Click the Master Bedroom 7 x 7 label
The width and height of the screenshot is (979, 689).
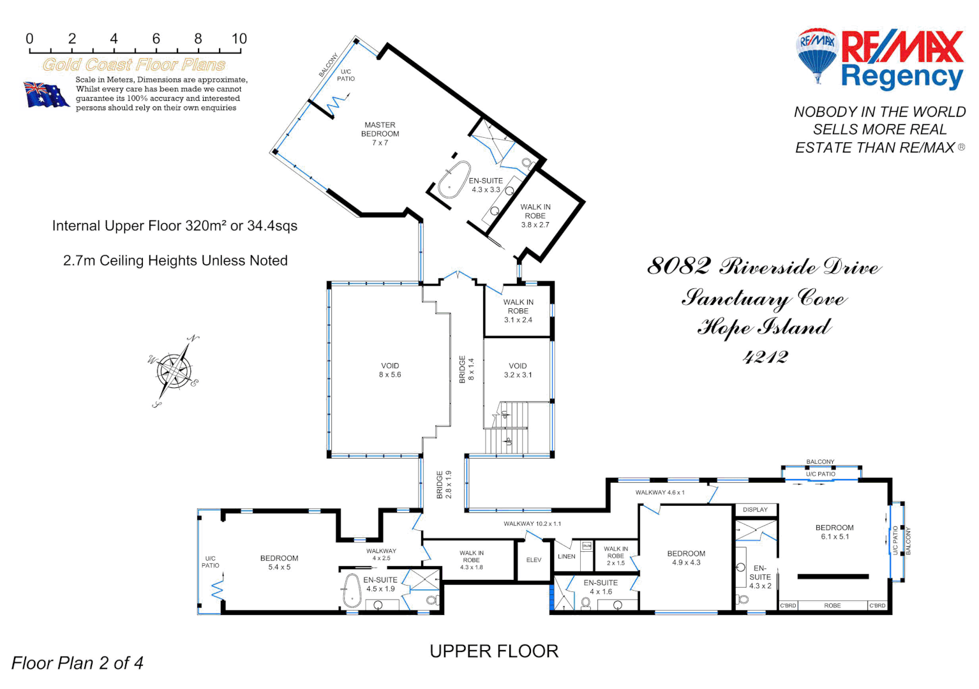(x=380, y=134)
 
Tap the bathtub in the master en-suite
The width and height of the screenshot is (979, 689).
(x=454, y=179)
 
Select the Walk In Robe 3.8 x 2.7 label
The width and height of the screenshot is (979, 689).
(x=535, y=216)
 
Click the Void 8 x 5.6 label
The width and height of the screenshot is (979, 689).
(x=390, y=371)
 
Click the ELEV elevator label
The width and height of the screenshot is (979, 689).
(x=534, y=560)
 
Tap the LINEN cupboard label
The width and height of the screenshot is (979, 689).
(x=566, y=556)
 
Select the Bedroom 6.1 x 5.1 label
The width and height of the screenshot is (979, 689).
(x=834, y=532)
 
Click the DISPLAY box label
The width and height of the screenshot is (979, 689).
(x=755, y=510)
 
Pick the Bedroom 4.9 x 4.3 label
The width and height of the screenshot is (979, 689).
(x=686, y=558)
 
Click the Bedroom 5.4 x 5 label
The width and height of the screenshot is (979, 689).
(x=279, y=563)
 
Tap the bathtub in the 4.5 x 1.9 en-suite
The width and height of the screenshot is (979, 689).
(x=352, y=591)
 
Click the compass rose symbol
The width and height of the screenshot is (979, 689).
(x=174, y=371)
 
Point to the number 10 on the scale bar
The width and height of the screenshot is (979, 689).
(x=239, y=39)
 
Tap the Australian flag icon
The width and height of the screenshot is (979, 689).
(x=46, y=94)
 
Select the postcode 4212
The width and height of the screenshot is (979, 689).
(x=765, y=357)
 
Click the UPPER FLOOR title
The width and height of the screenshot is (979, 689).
(x=494, y=651)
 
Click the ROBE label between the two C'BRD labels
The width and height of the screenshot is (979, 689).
(x=832, y=605)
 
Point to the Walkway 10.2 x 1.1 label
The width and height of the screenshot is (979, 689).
(x=532, y=524)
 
